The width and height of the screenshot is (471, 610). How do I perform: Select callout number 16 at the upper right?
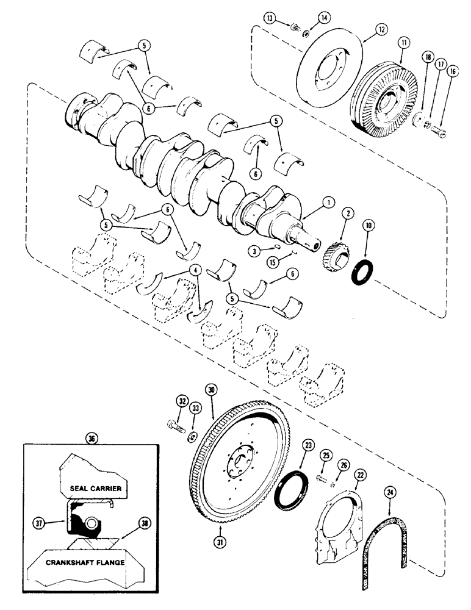pos(452,71)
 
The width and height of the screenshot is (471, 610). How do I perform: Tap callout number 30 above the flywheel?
pos(212,390)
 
